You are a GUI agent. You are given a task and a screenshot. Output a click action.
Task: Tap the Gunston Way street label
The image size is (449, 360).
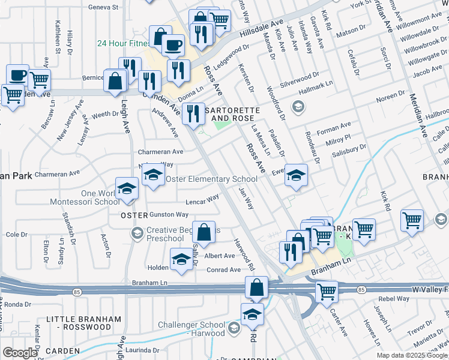(169, 214)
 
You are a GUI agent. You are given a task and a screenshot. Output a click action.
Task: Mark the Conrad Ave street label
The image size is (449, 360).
(223, 270)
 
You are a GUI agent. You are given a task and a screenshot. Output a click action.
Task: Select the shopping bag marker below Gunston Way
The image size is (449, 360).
(205, 232)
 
